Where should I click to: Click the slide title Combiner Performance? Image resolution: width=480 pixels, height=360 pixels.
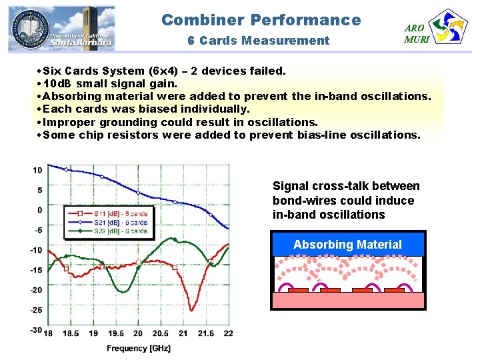coord(261,20)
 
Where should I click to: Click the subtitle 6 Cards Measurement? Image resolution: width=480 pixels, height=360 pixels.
coord(259,41)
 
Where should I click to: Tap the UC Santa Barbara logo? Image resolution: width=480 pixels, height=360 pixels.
coord(61,28)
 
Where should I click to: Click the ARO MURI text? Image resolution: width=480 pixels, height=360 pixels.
coord(415,33)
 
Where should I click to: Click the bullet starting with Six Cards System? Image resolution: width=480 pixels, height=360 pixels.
coord(163,71)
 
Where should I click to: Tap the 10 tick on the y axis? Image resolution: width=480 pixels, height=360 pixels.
coord(37,170)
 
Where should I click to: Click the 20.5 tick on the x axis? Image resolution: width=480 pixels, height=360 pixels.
coord(160,333)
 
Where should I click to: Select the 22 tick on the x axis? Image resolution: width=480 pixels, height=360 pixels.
coord(228,333)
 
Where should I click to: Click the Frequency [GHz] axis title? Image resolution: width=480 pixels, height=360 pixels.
coord(139,348)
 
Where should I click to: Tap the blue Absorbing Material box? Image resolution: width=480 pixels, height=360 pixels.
coord(347,245)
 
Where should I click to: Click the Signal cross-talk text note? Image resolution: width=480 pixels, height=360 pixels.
coord(346,200)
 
